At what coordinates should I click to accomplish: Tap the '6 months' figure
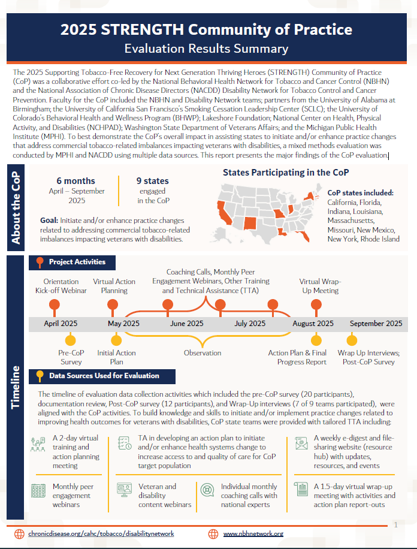(x=76, y=180)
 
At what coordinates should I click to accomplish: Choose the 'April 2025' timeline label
(x=61, y=324)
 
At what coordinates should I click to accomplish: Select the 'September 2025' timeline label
(x=376, y=324)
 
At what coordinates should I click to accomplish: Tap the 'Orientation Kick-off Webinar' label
(x=61, y=286)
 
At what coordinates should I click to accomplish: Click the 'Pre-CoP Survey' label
(x=71, y=357)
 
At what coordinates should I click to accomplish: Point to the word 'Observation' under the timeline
(x=203, y=353)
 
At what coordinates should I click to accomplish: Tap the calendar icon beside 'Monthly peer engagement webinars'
(x=38, y=491)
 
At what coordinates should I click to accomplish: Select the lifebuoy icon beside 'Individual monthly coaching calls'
(x=207, y=491)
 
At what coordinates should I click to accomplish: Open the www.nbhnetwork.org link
(x=253, y=533)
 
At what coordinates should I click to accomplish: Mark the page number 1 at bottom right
(x=396, y=524)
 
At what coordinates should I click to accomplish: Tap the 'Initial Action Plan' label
(x=116, y=357)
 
